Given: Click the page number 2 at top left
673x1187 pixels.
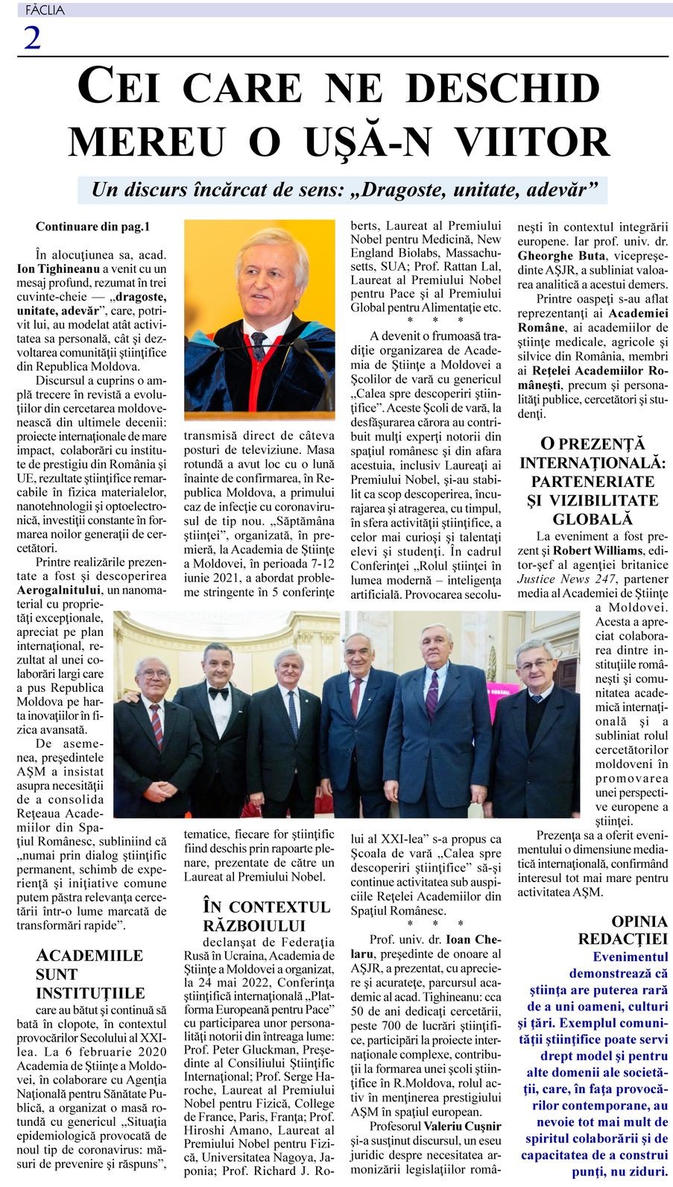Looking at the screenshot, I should [x=32, y=37].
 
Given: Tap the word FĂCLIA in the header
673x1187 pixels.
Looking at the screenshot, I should [x=45, y=10].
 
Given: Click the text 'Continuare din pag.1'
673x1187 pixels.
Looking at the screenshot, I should [x=92, y=226].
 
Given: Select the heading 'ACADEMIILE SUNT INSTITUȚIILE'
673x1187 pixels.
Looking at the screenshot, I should [x=89, y=974].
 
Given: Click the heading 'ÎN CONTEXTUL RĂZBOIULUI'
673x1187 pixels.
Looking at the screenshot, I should [x=266, y=916].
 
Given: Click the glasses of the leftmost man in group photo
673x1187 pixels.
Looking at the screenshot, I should [x=154, y=674].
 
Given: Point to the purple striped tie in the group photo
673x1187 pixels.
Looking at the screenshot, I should [x=432, y=694].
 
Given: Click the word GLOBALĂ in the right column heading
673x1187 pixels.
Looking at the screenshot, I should [x=593, y=519].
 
